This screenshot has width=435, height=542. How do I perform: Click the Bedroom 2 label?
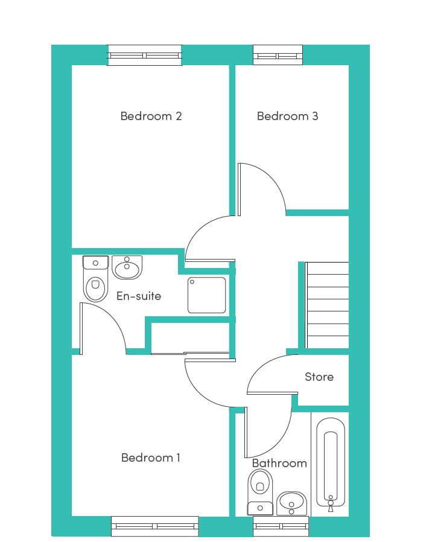pyautogui.click(x=151, y=116)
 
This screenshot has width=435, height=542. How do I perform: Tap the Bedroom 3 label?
pyautogui.click(x=287, y=116)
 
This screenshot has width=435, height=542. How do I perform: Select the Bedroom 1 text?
pyautogui.click(x=151, y=458)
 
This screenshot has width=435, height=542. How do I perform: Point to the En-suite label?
pyautogui.click(x=139, y=296)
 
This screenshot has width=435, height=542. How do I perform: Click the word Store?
pyautogui.click(x=319, y=377)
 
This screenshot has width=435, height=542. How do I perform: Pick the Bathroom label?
pyautogui.click(x=279, y=463)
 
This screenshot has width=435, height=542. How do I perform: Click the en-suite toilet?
pyautogui.click(x=95, y=279)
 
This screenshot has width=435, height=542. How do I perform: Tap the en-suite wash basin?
pyautogui.click(x=127, y=267)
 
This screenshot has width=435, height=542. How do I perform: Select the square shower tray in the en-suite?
pyautogui.click(x=206, y=295)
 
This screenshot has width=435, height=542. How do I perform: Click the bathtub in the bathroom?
pyautogui.click(x=331, y=462)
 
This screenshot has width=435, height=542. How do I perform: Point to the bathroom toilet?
pyautogui.click(x=260, y=492)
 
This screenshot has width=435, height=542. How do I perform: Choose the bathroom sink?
pyautogui.click(x=292, y=503)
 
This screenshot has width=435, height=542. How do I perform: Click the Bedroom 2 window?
pyautogui.click(x=144, y=56)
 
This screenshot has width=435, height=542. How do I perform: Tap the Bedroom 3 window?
pyautogui.click(x=278, y=56)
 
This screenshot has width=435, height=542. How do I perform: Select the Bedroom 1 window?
pyautogui.click(x=155, y=526)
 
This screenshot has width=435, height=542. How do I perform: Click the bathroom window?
pyautogui.click(x=281, y=526)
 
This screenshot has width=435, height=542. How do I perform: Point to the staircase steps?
pyautogui.click(x=327, y=305)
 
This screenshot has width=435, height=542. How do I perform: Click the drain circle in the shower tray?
pyautogui.click(x=192, y=282)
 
